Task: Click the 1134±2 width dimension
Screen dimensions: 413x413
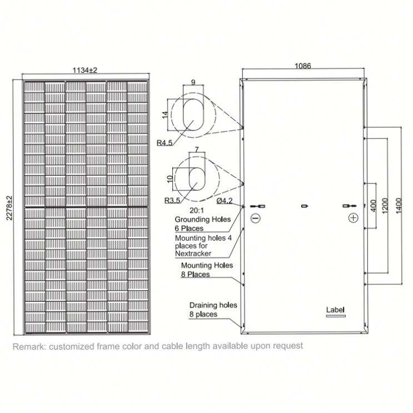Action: tap(85, 71)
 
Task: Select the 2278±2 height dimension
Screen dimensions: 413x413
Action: tap(9, 208)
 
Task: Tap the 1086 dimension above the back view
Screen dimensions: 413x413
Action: tap(302, 66)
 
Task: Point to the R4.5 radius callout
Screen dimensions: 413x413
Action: tap(165, 143)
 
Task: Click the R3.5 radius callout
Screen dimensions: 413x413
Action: tap(172, 201)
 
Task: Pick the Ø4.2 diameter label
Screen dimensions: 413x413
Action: tap(225, 201)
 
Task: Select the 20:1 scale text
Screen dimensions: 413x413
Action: tap(197, 211)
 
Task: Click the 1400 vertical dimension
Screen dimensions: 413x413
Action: tap(399, 206)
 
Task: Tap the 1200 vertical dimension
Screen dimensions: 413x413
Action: tap(385, 206)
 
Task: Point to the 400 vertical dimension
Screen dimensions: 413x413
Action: tap(374, 206)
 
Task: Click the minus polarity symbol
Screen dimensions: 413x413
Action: tap(255, 218)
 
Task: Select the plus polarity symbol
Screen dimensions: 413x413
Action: tap(353, 218)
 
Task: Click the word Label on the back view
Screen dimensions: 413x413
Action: tap(335, 310)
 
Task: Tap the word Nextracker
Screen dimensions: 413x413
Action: tap(193, 253)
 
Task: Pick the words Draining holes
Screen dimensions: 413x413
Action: tap(213, 305)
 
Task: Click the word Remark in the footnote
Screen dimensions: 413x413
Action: tap(29, 346)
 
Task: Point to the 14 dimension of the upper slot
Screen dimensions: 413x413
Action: tap(165, 115)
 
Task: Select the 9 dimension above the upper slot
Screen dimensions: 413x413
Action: tap(193, 82)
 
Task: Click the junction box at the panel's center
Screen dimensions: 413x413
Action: tap(305, 206)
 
